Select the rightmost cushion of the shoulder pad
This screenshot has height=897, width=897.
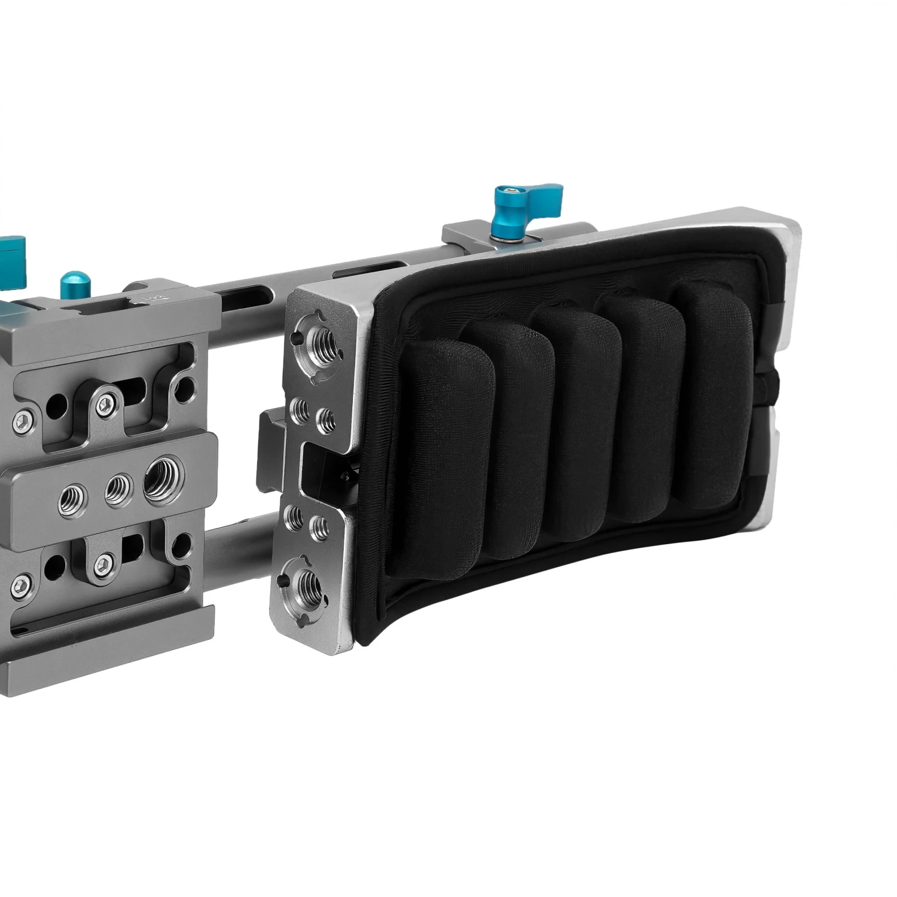(x=712, y=395)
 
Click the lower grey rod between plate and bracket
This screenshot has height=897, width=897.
(x=236, y=547)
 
